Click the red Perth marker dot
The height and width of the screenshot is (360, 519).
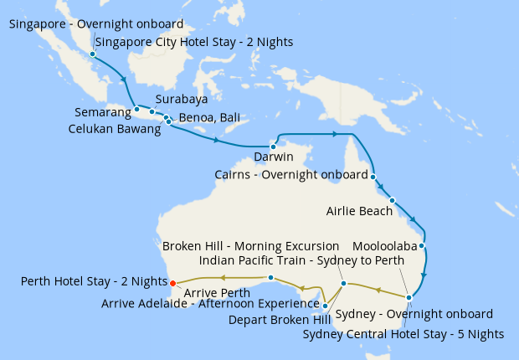pyautogui.click(x=172, y=283)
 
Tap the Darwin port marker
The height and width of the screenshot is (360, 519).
pyautogui.click(x=273, y=147)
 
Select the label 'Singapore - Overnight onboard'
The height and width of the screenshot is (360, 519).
pyautogui.click(x=96, y=24)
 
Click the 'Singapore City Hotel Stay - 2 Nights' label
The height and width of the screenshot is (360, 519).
pyautogui.click(x=194, y=42)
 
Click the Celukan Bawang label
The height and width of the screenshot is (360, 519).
pyautogui.click(x=114, y=130)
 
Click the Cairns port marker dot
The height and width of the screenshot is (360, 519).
pyautogui.click(x=373, y=177)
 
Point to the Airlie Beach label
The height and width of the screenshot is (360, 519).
pyautogui.click(x=359, y=211)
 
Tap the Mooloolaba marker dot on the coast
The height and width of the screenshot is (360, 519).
pyautogui.click(x=423, y=247)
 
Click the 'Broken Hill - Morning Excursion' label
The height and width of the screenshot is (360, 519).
pyautogui.click(x=250, y=246)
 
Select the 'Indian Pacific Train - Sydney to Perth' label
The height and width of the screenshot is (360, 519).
pyautogui.click(x=284, y=261)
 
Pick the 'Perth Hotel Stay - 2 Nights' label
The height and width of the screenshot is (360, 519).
pyautogui.click(x=94, y=281)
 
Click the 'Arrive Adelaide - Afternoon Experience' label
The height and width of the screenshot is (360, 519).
pyautogui.click(x=211, y=303)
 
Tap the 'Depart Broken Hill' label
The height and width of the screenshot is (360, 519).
pyautogui.click(x=279, y=319)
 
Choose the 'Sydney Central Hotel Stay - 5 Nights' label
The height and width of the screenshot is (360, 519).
pyautogui.click(x=403, y=334)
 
